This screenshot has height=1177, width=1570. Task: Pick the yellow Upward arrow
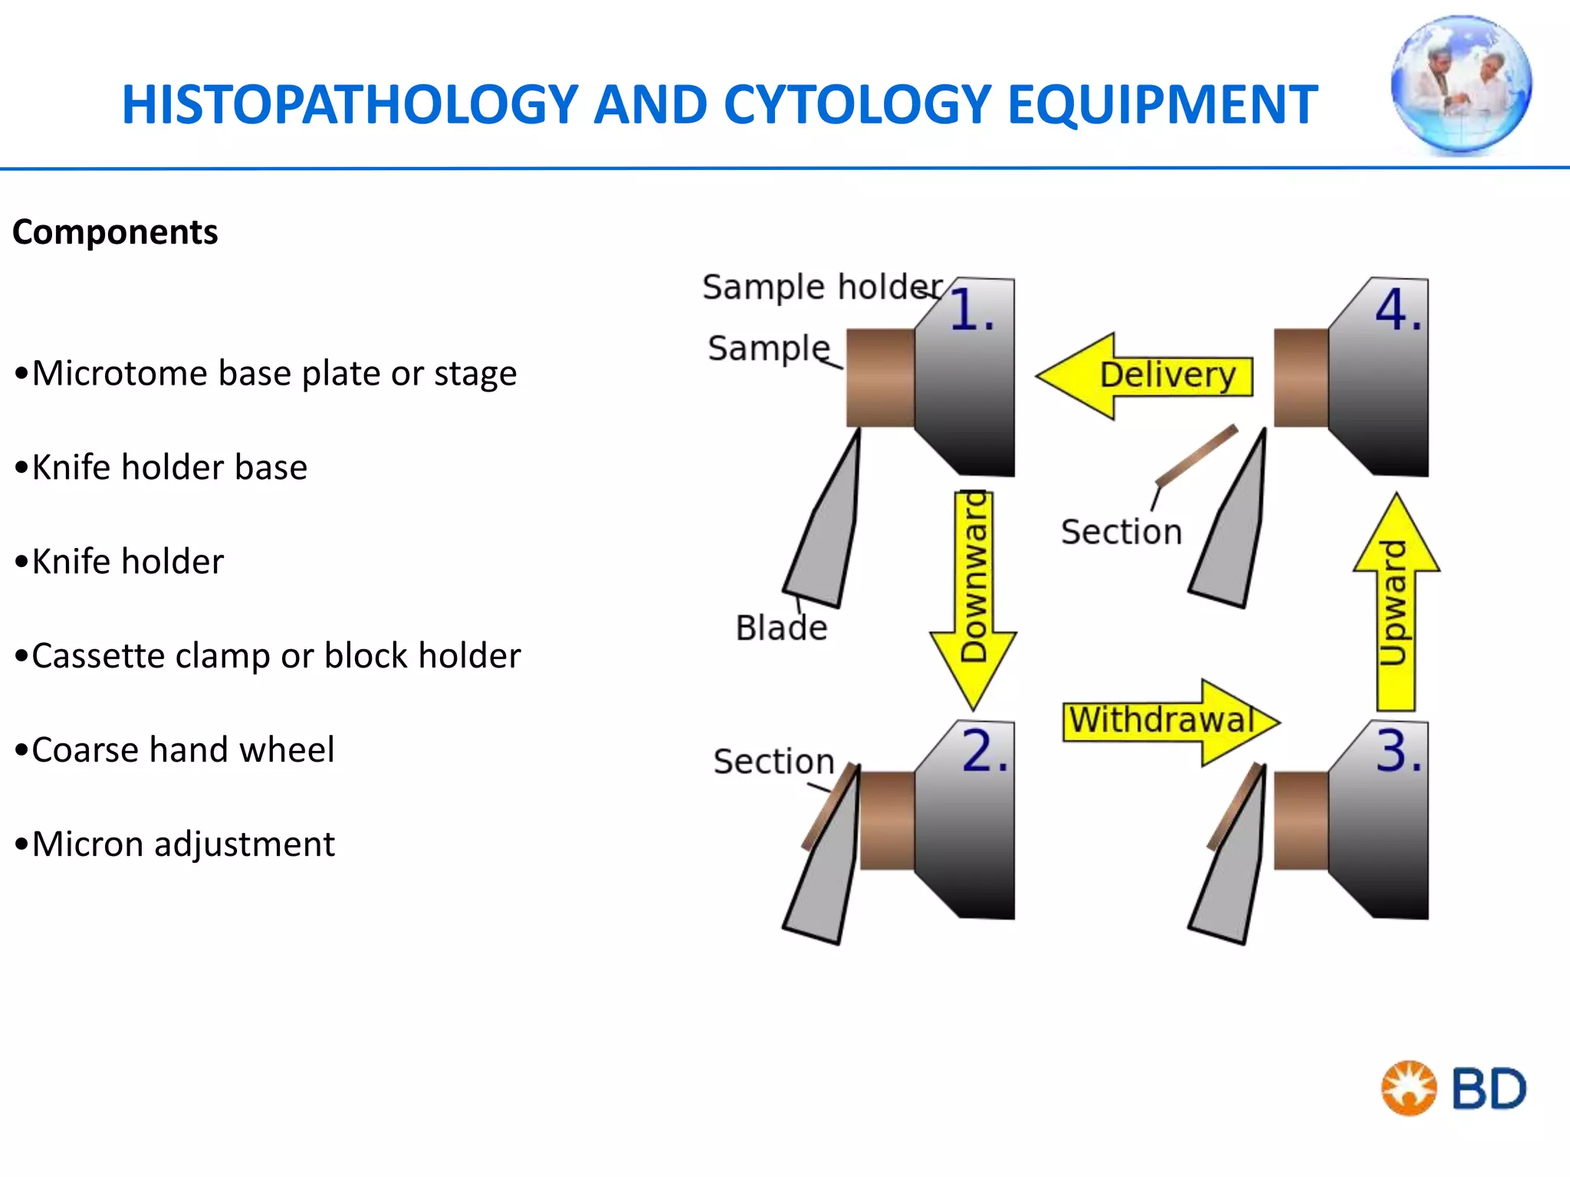click(x=1396, y=605)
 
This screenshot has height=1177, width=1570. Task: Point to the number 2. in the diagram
click(x=984, y=751)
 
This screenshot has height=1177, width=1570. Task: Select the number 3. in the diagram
click(x=1398, y=751)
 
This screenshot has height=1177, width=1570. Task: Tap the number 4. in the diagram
click(x=1398, y=311)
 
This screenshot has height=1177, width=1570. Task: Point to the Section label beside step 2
click(x=774, y=762)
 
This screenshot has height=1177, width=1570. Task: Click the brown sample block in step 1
click(x=880, y=378)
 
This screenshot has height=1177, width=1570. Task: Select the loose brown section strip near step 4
click(x=1196, y=457)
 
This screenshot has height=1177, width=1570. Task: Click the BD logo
click(x=1453, y=1088)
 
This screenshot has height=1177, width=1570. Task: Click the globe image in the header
click(x=1461, y=84)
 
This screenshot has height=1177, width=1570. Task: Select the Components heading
click(x=115, y=232)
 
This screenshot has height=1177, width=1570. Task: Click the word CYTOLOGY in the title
click(x=857, y=105)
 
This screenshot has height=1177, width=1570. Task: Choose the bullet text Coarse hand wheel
click(x=182, y=750)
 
